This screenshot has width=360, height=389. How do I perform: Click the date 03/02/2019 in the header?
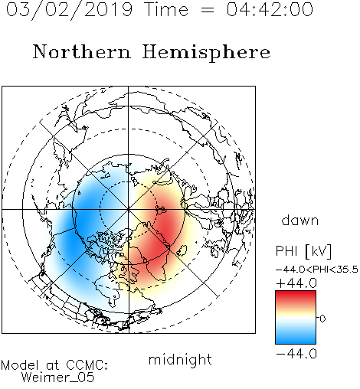(x=70, y=9)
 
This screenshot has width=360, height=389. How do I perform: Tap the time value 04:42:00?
(x=270, y=9)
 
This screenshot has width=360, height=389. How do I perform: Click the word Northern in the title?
(x=82, y=51)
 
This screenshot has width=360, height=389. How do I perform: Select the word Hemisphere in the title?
(x=206, y=53)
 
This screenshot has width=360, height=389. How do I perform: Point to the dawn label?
(x=300, y=220)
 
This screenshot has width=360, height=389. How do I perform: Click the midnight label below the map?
(x=180, y=360)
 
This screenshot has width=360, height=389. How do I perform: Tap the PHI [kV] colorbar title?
(x=303, y=251)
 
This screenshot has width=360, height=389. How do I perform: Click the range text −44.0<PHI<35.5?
(x=317, y=270)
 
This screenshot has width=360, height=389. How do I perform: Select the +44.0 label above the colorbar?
(x=296, y=283)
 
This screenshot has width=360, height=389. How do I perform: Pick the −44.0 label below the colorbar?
(x=296, y=354)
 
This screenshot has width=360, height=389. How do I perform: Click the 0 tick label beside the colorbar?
(x=322, y=319)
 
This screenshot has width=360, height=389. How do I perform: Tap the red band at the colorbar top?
(x=296, y=295)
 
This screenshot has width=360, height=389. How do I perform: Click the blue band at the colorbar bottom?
(x=296, y=338)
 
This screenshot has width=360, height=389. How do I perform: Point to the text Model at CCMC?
(x=54, y=365)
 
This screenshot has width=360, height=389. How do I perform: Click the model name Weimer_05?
(x=58, y=378)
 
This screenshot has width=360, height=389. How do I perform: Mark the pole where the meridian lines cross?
(x=128, y=209)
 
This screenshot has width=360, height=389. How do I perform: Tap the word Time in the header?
(x=166, y=9)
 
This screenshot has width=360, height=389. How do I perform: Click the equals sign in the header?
(x=208, y=10)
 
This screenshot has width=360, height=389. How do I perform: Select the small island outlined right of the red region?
(x=182, y=250)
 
